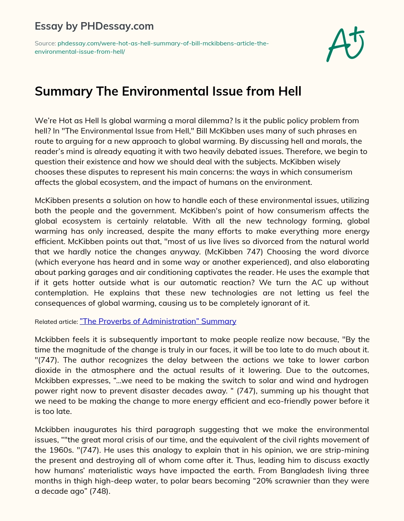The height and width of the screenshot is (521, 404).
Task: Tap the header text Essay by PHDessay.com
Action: click(94, 26)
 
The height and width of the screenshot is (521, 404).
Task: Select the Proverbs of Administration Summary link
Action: click(158, 321)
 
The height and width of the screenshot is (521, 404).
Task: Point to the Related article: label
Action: click(56, 322)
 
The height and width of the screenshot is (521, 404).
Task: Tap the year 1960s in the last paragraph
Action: click(62, 450)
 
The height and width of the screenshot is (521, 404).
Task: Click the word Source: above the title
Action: click(45, 43)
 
